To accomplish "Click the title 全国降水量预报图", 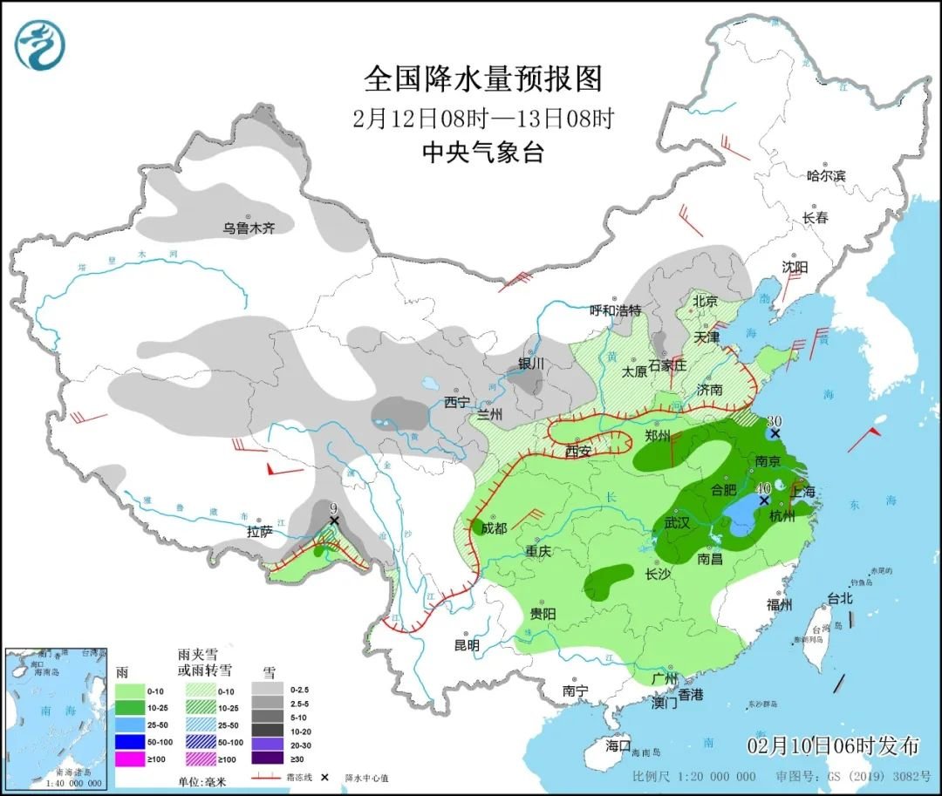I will tap(482, 79).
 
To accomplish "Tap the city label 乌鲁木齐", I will tap(249, 228).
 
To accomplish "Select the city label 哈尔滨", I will tap(826, 176).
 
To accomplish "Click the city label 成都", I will tap(494, 528).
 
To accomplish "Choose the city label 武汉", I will tap(677, 523).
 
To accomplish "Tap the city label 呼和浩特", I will tap(615, 310).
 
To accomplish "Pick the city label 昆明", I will tap(467, 645).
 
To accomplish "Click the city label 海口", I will tap(618, 746).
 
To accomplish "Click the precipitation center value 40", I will tap(763, 488).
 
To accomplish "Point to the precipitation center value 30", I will tap(774, 420).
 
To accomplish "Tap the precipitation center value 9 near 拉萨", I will tap(332, 507).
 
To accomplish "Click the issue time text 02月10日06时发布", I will tap(833, 746).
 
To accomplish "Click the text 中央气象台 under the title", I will tap(482, 153).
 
